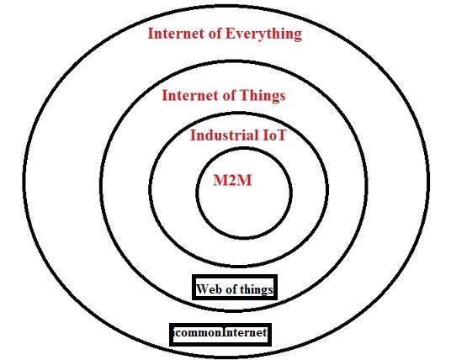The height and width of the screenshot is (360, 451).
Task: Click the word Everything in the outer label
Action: (x=263, y=34)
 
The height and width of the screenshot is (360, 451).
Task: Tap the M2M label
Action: (x=232, y=180)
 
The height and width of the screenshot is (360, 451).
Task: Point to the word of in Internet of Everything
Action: (x=215, y=33)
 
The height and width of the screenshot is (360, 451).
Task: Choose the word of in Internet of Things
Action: (x=229, y=95)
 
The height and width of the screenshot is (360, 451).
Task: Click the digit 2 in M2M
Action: (x=232, y=180)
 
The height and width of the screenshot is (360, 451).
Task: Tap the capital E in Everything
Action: (x=230, y=33)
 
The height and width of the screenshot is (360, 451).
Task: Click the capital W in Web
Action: (x=203, y=289)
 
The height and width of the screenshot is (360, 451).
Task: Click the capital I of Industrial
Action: (x=193, y=135)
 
